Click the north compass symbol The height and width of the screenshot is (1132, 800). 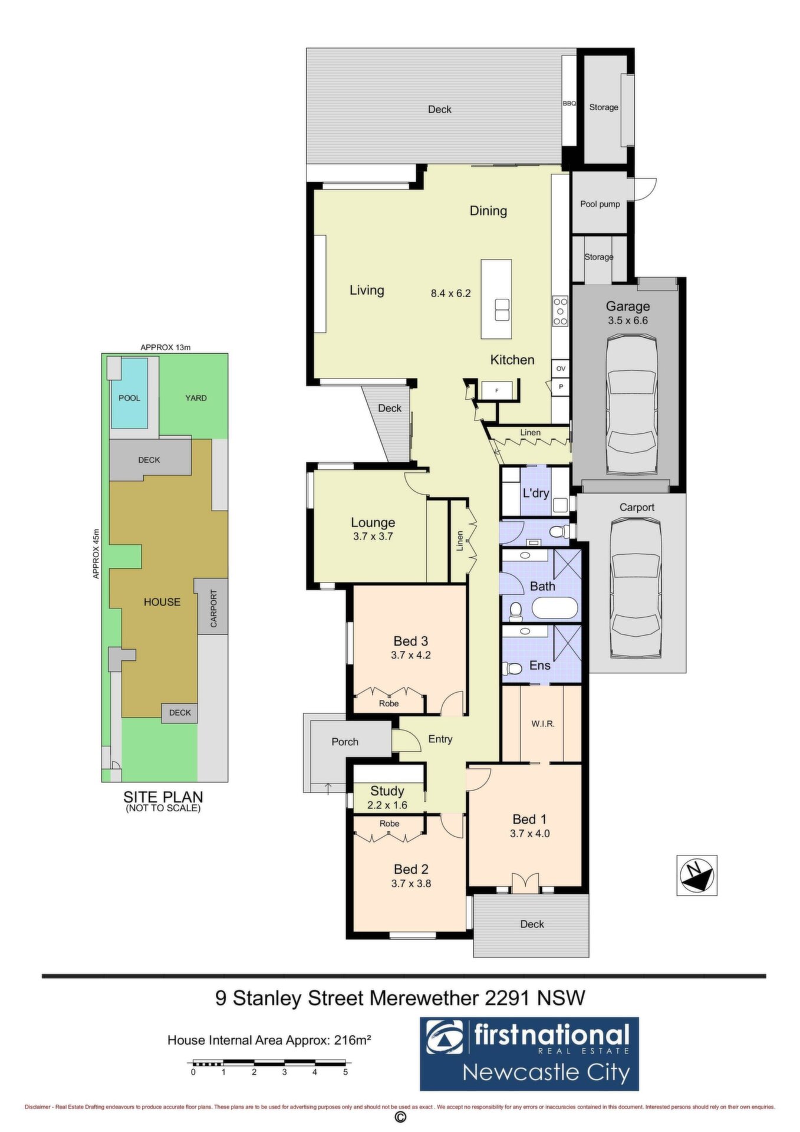click(696, 875)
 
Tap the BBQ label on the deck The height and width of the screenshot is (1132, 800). click(569, 103)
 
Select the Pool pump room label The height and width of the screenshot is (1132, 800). click(600, 204)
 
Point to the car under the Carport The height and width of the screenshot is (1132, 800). click(636, 588)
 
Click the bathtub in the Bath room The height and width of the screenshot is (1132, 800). click(554, 608)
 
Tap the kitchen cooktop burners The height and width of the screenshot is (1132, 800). click(560, 311)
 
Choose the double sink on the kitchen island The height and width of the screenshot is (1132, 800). click(502, 310)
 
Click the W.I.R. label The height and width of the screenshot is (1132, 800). click(543, 723)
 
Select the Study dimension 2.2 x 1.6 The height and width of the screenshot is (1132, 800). click(387, 805)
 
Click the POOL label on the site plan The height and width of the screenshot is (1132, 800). click(130, 398)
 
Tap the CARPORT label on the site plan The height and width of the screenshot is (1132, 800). click(214, 608)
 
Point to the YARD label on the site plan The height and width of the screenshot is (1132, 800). click(196, 398)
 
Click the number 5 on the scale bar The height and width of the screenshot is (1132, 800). click(345, 1072)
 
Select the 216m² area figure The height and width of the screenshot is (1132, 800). click(353, 1040)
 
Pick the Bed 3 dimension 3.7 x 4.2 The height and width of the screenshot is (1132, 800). click(411, 654)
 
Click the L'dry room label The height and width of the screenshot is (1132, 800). click(536, 493)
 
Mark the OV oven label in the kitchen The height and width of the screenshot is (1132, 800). click(561, 368)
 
